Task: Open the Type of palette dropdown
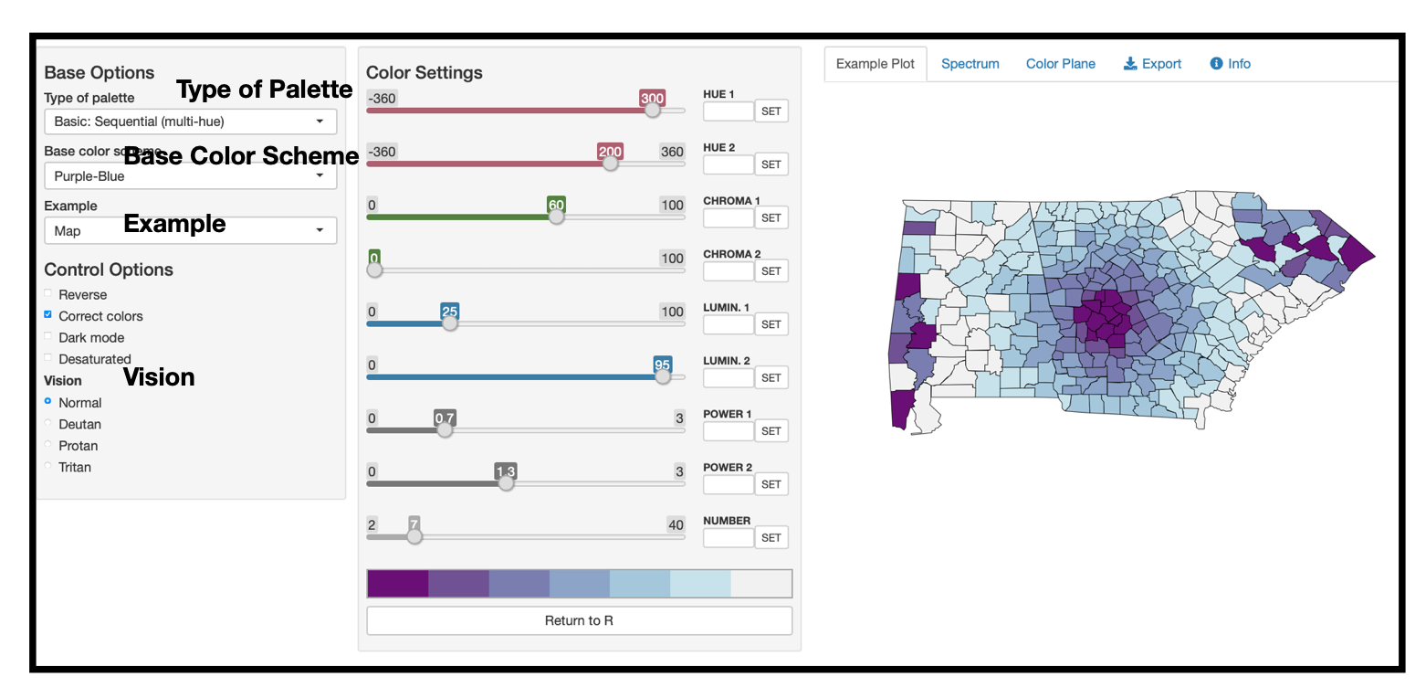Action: coord(190,122)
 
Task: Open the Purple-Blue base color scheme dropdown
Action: coord(190,176)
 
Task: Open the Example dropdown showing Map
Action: coord(190,231)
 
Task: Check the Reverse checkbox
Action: coord(48,294)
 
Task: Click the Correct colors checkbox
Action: coord(48,315)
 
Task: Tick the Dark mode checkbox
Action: coord(48,337)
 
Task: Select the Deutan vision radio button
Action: coord(48,424)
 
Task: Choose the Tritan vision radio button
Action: coord(48,467)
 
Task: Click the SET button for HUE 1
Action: coord(771,111)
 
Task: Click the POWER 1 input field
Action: coord(728,431)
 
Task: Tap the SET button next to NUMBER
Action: coord(771,538)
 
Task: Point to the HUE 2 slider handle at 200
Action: coord(610,164)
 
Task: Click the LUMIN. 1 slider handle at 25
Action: coord(449,323)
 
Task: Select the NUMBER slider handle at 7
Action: coord(414,536)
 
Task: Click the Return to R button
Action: coord(579,620)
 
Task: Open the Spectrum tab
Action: coord(970,64)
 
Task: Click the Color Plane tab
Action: coord(1060,64)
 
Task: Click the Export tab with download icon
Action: coord(1152,64)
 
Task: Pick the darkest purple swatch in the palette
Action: coord(397,584)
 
